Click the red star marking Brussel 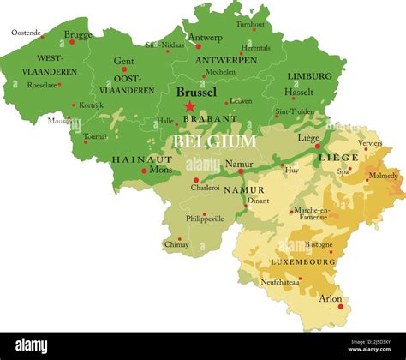(x=189, y=106)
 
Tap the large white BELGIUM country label (x=215, y=141)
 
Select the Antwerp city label (x=206, y=38)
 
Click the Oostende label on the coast (x=27, y=32)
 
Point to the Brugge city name (x=79, y=35)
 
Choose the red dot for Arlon (x=341, y=306)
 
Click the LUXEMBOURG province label (x=303, y=261)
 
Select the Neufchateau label (x=281, y=281)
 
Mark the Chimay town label (x=176, y=244)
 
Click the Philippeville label (x=205, y=219)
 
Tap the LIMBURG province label (x=309, y=76)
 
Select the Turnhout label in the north (x=250, y=25)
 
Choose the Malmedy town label (x=383, y=176)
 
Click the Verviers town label (x=370, y=143)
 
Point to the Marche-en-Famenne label (x=313, y=213)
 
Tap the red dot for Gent (x=123, y=69)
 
